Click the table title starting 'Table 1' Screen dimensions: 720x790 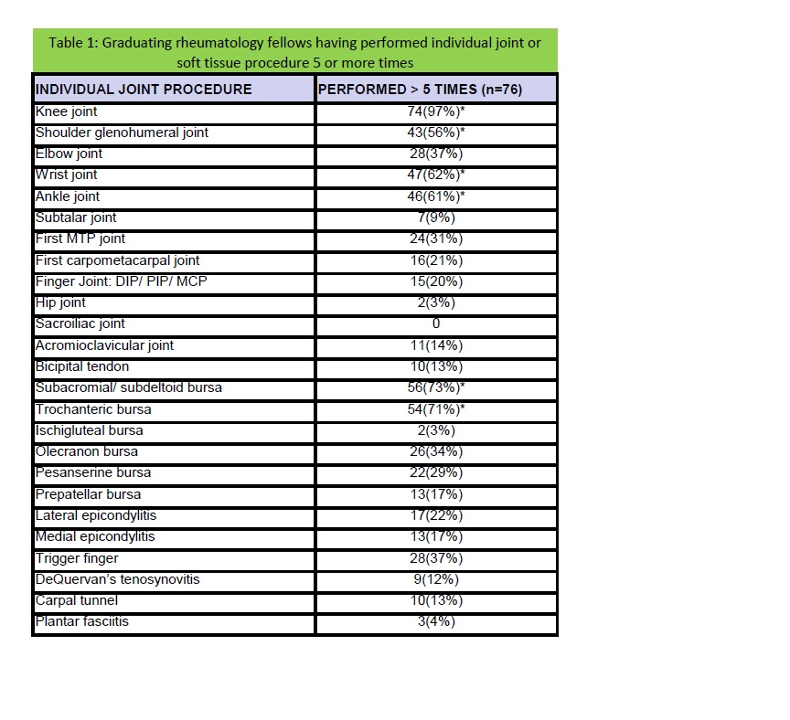[x=294, y=52]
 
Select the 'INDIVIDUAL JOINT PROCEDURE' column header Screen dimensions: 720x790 [x=144, y=90]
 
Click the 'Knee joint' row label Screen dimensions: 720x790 [x=66, y=111]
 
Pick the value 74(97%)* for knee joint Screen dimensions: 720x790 [x=436, y=111]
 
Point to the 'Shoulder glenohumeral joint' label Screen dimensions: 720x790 [x=122, y=132]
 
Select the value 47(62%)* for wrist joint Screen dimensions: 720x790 [x=436, y=175]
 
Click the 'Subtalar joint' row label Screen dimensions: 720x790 [x=76, y=217]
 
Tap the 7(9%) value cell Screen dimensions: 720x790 [x=436, y=217]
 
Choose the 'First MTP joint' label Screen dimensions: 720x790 [x=80, y=238]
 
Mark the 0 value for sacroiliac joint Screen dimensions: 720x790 [x=436, y=323]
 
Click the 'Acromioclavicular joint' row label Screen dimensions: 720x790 [x=104, y=345]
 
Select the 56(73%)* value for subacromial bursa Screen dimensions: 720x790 [x=436, y=387]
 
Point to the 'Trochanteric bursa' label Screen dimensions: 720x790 [x=93, y=408]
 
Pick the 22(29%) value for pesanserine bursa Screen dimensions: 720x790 [x=436, y=472]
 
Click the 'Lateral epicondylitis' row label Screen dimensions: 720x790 [x=96, y=515]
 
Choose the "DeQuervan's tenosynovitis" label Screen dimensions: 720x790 [x=117, y=579]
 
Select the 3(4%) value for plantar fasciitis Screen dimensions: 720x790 [x=436, y=621]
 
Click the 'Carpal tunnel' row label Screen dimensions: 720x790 [x=77, y=600]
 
